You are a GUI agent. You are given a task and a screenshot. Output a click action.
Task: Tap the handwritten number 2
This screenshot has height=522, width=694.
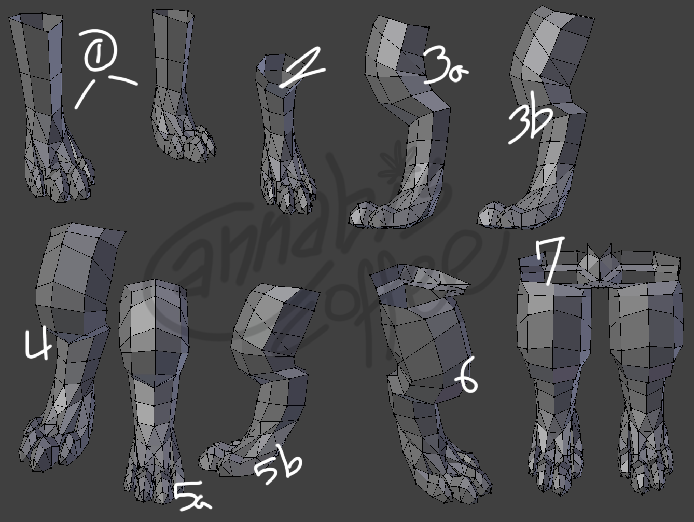302,68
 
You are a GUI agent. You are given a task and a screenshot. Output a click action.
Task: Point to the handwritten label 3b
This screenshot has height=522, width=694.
530,118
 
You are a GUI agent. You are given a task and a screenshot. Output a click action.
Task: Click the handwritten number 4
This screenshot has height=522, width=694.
38,345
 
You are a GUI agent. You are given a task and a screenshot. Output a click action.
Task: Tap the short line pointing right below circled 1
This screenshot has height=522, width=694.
123,80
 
